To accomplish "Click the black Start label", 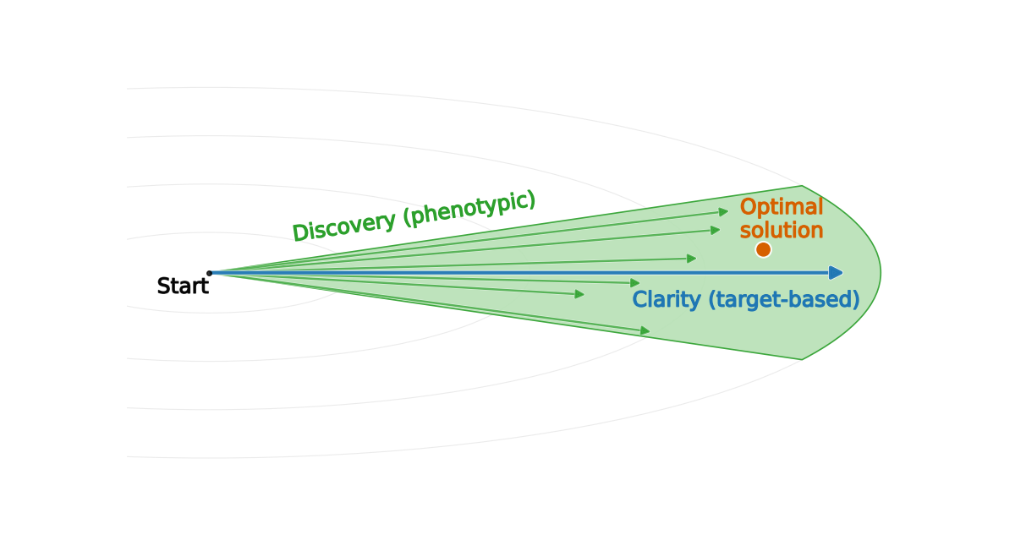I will [x=182, y=286].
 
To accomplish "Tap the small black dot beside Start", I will [x=209, y=273].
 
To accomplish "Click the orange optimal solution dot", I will [x=763, y=249].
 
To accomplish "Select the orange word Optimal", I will [x=781, y=208].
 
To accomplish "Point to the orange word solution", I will [x=781, y=230].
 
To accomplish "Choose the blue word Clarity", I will [x=667, y=300].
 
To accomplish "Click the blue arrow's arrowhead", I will [x=837, y=272].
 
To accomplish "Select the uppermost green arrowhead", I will [x=723, y=211].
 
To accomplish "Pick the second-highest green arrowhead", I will [x=716, y=229].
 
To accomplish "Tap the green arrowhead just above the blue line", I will [x=692, y=258].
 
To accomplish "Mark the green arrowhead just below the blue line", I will [x=635, y=283].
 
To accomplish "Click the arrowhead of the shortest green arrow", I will [x=580, y=294].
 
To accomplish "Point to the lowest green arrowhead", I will [x=645, y=331].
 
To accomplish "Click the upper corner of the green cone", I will [x=802, y=186].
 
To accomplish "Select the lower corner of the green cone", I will [x=802, y=359].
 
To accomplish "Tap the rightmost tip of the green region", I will [x=881, y=272].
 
